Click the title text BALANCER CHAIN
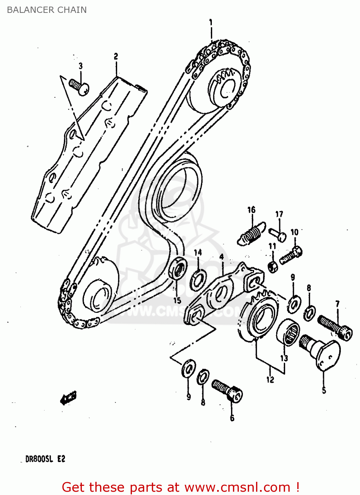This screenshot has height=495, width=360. (x=47, y=10)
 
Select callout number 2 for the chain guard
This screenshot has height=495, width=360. (x=116, y=56)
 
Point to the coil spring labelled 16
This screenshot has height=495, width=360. (x=251, y=233)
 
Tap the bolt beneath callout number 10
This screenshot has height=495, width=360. (x=290, y=256)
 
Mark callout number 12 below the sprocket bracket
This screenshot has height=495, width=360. (x=270, y=379)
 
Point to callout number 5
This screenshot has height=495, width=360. (x=324, y=390)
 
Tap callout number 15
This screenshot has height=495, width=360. (x=177, y=300)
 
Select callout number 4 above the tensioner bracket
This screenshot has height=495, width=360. (x=221, y=256)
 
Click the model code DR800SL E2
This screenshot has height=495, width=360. (x=45, y=459)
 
